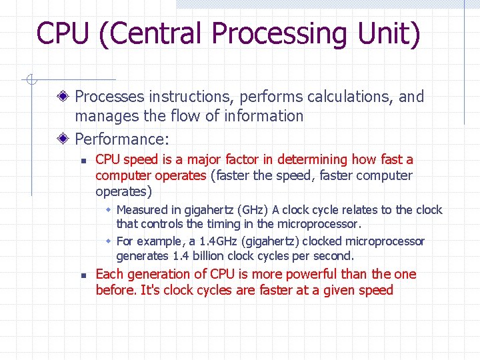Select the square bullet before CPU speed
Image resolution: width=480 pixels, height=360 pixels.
(81, 160)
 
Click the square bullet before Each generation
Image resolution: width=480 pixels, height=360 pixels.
(81, 275)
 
